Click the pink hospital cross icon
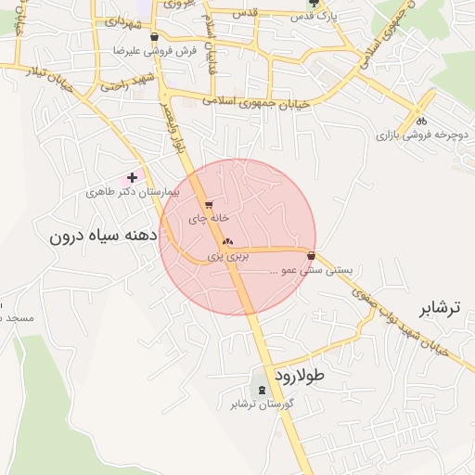[x=133, y=176]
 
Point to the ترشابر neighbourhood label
[x=440, y=308]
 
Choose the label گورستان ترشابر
[x=263, y=404]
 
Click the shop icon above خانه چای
[x=209, y=204]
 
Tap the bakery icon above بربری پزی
[x=227, y=240]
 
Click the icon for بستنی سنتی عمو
[x=311, y=255]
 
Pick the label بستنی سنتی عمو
[x=311, y=271]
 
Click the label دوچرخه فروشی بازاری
[x=410, y=135]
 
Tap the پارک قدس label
[x=309, y=17]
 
